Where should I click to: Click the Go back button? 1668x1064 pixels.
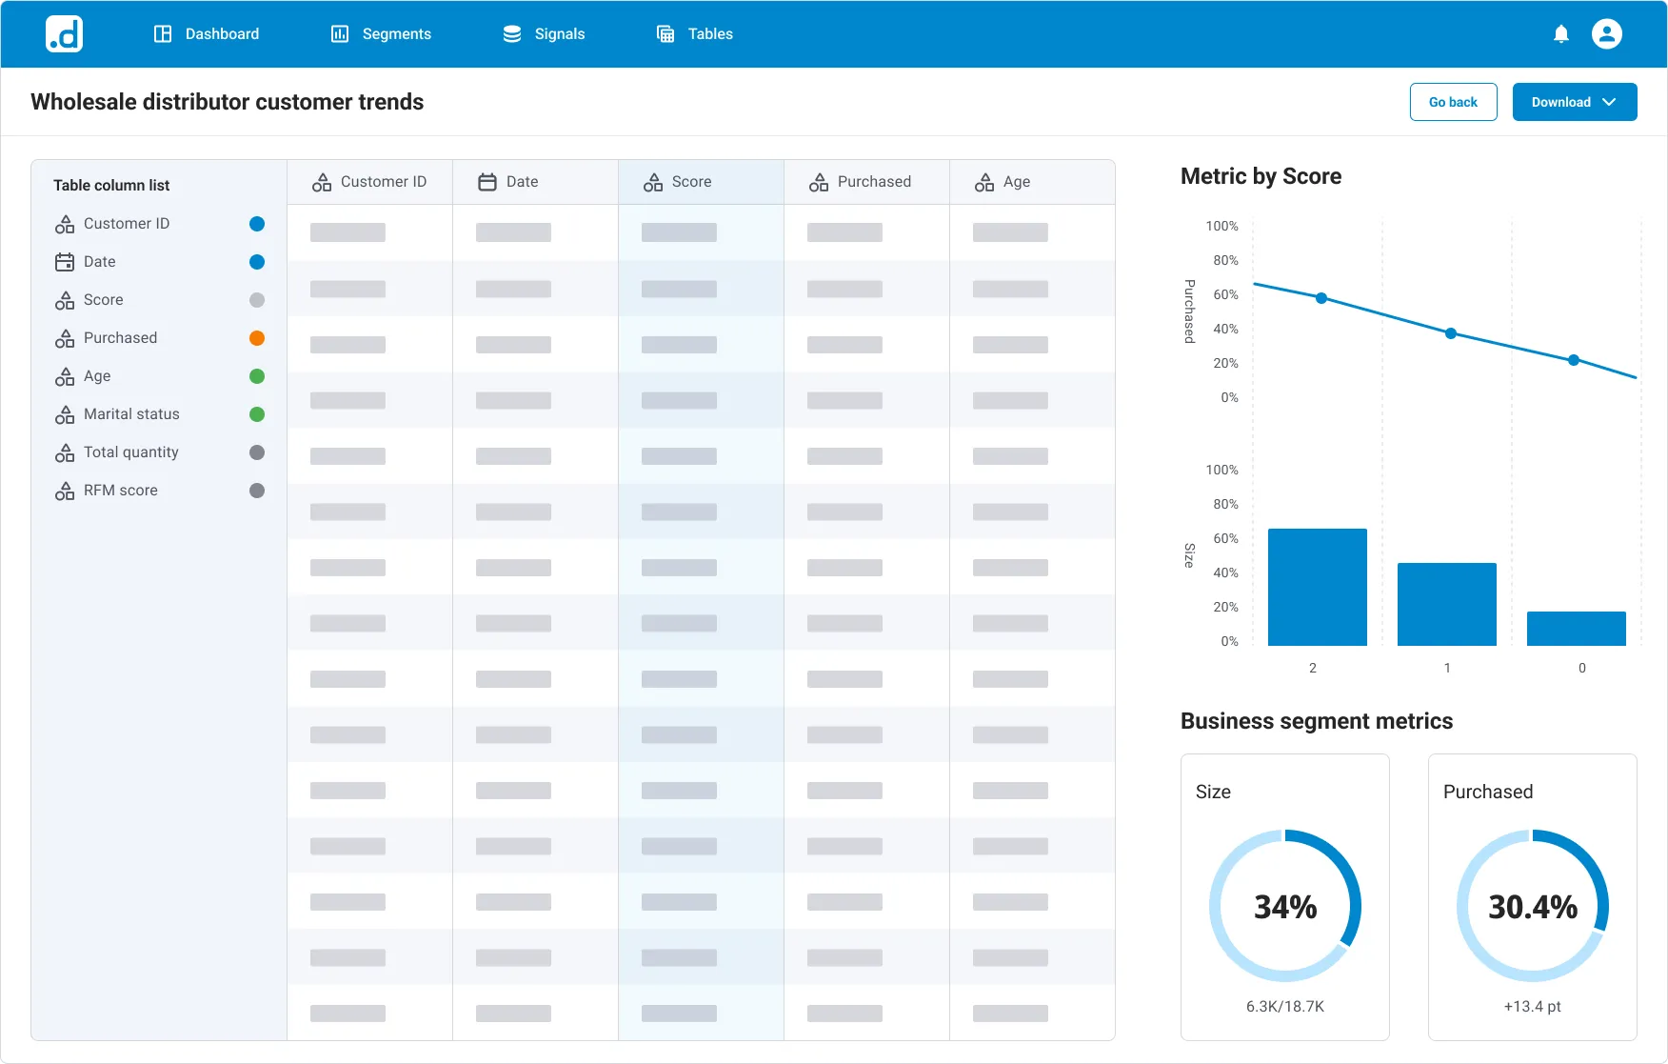[1453, 102]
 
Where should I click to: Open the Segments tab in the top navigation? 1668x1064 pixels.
[381, 34]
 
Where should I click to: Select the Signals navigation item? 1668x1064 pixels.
[544, 34]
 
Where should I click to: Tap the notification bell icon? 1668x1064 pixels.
[1560, 34]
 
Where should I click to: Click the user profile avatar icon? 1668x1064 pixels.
[1606, 34]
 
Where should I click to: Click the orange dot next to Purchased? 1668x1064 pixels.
[256, 338]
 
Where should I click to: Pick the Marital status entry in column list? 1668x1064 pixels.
[131, 414]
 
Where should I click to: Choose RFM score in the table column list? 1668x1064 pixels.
[120, 491]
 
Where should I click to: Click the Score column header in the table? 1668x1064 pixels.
[690, 182]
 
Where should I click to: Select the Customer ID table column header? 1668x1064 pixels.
[382, 182]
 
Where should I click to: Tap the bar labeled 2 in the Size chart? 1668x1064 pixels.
[1317, 587]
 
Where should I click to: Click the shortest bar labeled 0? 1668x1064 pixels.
[1576, 629]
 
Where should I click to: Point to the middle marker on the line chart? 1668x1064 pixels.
[1450, 333]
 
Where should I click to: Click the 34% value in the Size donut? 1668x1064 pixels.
[1285, 907]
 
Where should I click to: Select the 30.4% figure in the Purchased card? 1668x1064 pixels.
[1532, 907]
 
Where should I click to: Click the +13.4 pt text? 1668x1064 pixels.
[1532, 1006]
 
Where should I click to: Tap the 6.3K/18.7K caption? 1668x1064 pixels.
[1285, 1006]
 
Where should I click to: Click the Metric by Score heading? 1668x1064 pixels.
[1261, 176]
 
